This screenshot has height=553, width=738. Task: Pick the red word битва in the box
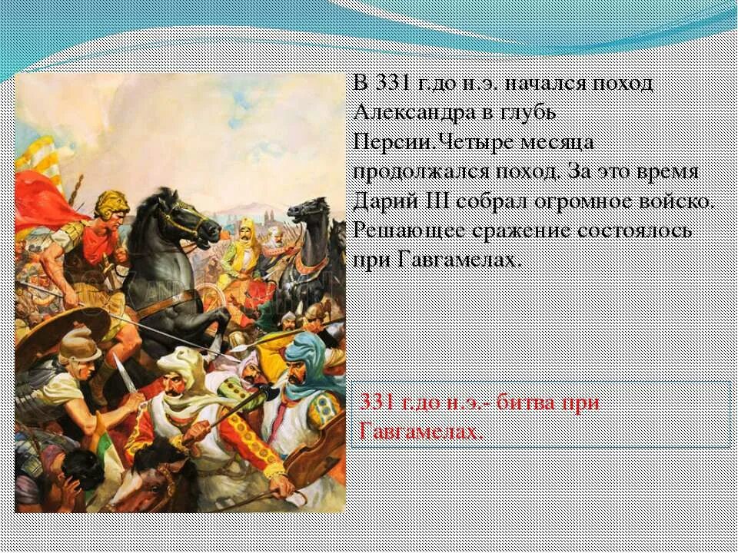(530, 402)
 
